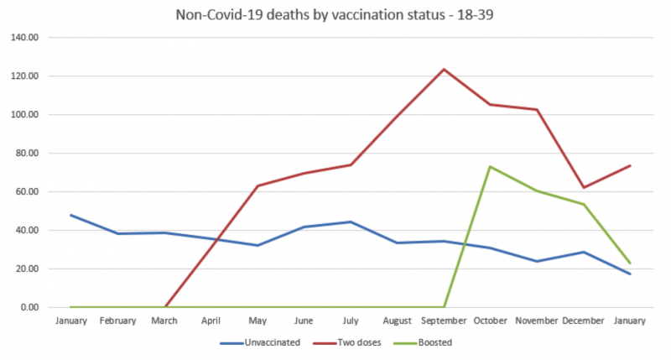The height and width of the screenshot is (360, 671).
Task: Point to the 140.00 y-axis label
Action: click(25, 38)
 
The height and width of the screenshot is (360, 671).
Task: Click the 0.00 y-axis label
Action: click(29, 307)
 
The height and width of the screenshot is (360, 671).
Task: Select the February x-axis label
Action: click(119, 321)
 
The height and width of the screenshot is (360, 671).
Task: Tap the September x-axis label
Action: click(444, 321)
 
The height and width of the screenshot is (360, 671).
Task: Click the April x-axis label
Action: click(212, 321)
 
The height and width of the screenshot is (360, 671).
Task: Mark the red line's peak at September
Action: click(444, 69)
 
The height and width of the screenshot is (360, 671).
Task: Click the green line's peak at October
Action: click(490, 166)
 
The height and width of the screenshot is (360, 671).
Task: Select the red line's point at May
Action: click(258, 185)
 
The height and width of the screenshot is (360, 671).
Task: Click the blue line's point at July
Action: click(351, 222)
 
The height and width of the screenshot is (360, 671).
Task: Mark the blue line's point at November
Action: click(536, 261)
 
